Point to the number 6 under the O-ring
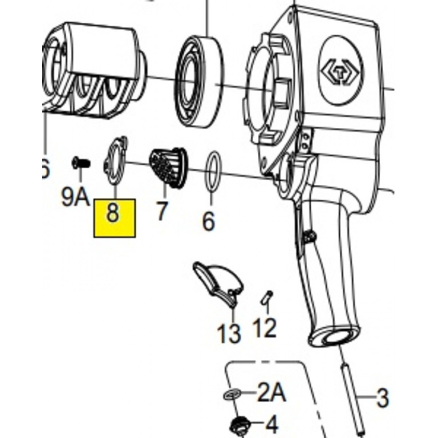208,221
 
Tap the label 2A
272,394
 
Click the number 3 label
382,398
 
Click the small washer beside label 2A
232,395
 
